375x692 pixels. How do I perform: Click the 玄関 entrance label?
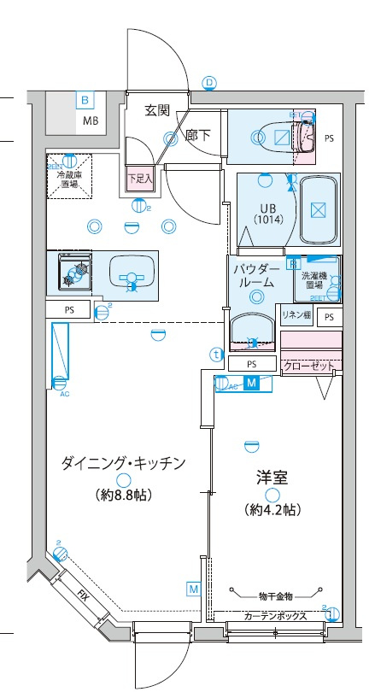157,110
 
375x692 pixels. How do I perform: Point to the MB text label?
91,120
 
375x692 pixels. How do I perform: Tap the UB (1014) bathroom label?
267,212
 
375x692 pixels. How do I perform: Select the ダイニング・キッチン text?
123,463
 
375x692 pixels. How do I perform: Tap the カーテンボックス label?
274,616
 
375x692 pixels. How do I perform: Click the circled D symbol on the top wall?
209,83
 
